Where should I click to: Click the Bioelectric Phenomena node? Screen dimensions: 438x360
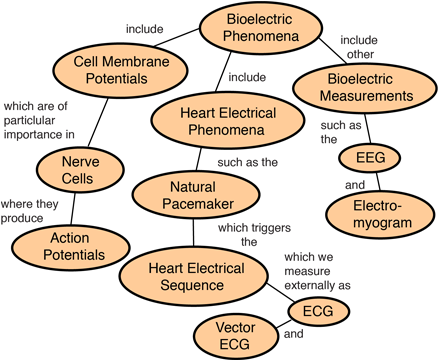point(261,28)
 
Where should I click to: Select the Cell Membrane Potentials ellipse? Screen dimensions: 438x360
point(120,70)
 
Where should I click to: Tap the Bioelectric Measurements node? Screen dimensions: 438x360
point(365,88)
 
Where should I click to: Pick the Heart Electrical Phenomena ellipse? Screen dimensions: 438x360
point(228,121)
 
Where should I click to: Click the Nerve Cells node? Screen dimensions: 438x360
point(80,170)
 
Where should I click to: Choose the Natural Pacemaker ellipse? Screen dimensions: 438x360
point(196,195)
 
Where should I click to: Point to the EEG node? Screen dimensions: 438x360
point(370,158)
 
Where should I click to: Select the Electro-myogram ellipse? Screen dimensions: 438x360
point(381,215)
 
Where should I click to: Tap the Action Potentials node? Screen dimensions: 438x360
point(71,247)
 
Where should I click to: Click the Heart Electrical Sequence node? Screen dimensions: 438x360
point(194,276)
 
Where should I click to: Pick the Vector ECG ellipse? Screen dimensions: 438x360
point(236,336)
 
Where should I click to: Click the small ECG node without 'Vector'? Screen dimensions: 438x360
point(318,311)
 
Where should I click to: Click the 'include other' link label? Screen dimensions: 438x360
point(359,47)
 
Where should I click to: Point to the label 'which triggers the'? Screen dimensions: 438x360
point(254,235)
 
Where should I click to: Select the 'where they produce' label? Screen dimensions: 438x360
point(29,211)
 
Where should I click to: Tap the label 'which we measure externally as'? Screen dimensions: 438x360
point(317,271)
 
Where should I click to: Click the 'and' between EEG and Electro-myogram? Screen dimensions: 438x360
point(355,185)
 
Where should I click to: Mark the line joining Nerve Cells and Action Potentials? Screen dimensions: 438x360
point(73,209)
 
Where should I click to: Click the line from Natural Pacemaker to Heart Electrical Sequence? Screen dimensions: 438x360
point(193,233)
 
